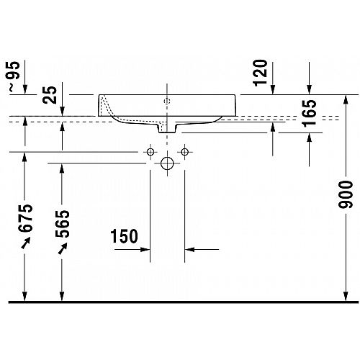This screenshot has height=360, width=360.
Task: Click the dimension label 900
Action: pyautogui.click(x=346, y=194)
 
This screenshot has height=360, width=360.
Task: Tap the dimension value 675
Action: pyautogui.click(x=25, y=218)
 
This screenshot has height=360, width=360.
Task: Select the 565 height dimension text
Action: pyautogui.click(x=63, y=224)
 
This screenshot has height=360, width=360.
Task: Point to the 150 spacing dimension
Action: pyautogui.click(x=124, y=236)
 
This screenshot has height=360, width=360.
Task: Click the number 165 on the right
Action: pyautogui.click(x=310, y=113)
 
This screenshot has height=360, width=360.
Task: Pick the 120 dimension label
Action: pyautogui.click(x=260, y=73)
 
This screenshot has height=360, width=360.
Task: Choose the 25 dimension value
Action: pyautogui.click(x=50, y=95)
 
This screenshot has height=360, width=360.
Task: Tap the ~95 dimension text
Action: pyautogui.click(x=14, y=76)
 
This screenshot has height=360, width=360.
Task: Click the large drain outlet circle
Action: pyautogui.click(x=167, y=163)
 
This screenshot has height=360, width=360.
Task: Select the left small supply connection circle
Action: pyautogui.click(x=150, y=152)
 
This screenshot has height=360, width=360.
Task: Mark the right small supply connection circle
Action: pyautogui.click(x=184, y=152)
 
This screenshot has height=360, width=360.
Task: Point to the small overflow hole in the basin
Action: pyautogui.click(x=167, y=101)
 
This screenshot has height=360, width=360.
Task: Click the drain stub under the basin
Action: pyautogui.click(x=167, y=128)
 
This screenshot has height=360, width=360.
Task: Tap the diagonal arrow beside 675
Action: pyautogui.click(x=26, y=243)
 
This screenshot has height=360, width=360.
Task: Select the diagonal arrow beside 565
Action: pyautogui.click(x=63, y=248)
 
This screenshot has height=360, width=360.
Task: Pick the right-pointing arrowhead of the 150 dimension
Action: pyautogui.click(x=145, y=250)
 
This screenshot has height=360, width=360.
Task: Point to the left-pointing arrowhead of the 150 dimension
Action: pyautogui.click(x=189, y=250)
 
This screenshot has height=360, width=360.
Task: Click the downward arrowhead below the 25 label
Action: pyautogui.click(x=62, y=111)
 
